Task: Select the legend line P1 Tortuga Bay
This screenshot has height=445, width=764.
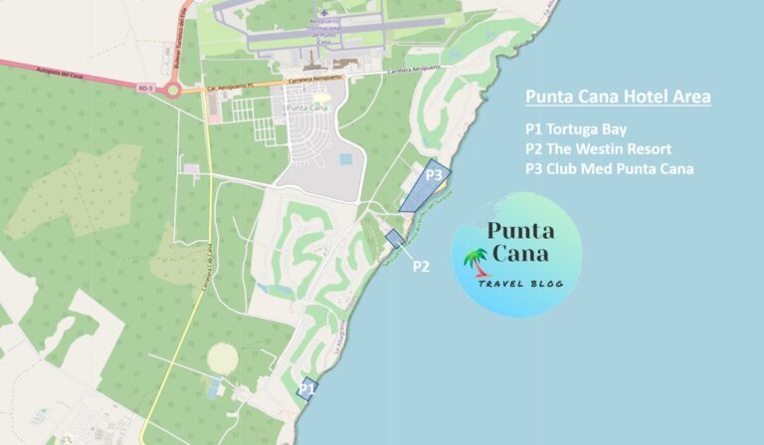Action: point(579,130)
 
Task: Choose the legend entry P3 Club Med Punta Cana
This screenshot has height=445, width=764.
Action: point(609,168)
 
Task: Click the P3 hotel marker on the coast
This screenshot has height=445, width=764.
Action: point(427,184)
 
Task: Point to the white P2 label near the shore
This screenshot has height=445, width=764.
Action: point(421,266)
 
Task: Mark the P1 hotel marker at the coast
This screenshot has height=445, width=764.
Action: point(307,388)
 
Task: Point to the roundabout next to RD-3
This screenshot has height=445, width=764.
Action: point(175,92)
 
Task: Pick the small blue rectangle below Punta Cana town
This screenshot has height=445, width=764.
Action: point(345,159)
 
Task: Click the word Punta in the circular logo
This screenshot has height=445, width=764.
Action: point(516,231)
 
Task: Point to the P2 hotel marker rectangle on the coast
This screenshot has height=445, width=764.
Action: point(395,239)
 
